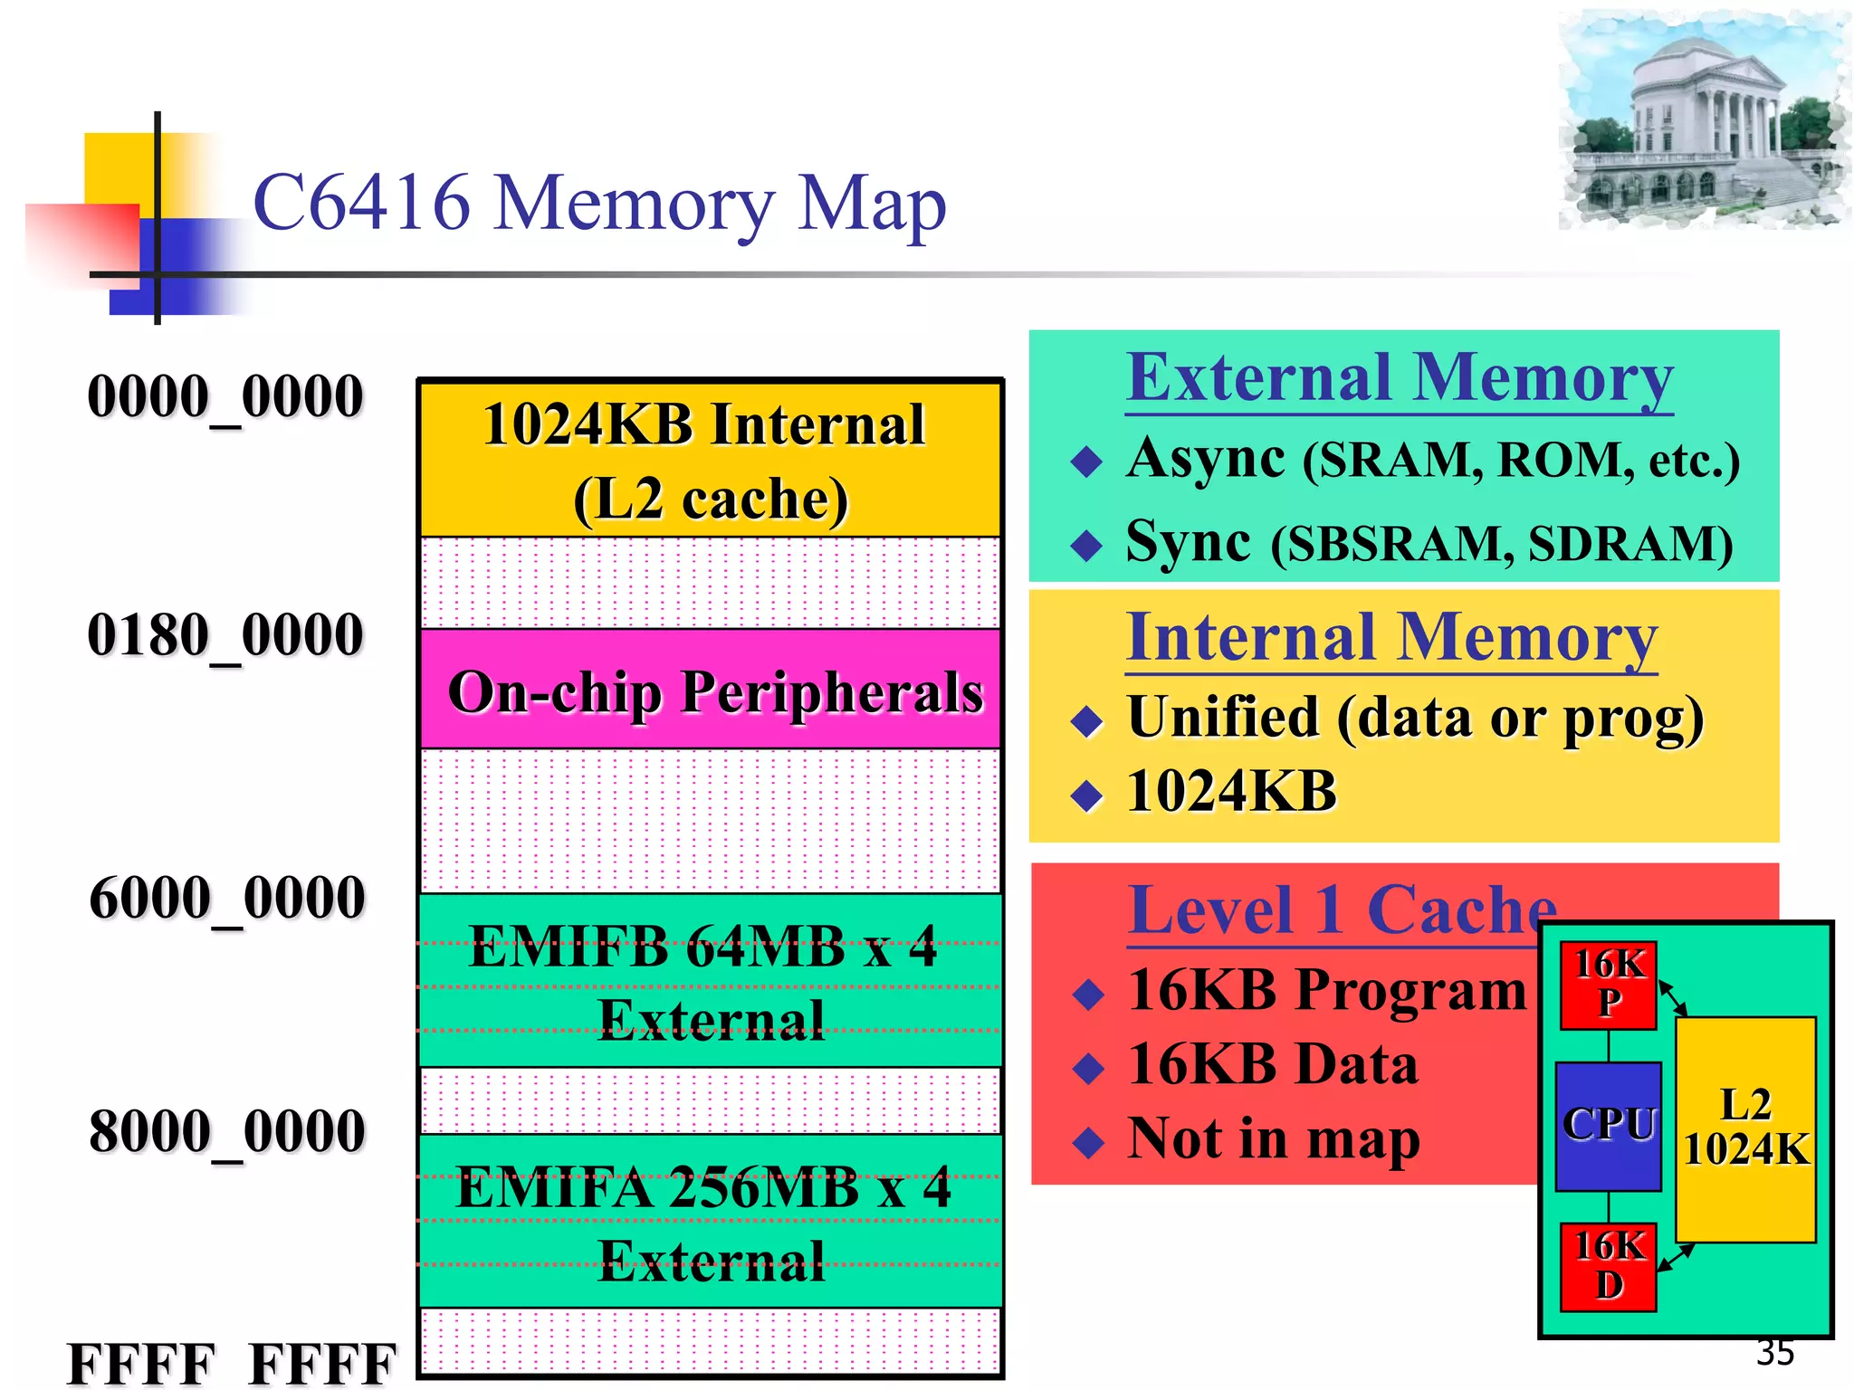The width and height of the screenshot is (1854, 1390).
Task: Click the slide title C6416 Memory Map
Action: pos(599,204)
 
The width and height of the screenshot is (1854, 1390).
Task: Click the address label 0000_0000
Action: pos(225,396)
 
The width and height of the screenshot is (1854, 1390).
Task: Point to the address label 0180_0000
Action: pos(225,634)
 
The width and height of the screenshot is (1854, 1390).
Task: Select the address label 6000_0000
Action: pos(226,898)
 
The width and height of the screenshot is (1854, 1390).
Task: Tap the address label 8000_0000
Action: pos(226,1131)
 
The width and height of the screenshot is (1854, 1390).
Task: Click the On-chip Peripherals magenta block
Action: pos(711,690)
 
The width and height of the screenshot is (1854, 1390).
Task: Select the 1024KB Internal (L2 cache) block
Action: pos(711,460)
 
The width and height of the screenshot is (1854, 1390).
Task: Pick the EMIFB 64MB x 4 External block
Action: pos(711,981)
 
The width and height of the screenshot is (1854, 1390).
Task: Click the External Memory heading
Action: pos(1400,378)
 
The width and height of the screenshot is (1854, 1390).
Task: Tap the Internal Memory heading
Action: pos(1391,638)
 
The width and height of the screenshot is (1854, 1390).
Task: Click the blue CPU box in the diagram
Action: pos(1608,1126)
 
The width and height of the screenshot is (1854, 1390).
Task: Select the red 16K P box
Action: pos(1608,985)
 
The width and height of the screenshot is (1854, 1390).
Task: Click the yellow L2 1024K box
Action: pos(1745,1129)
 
